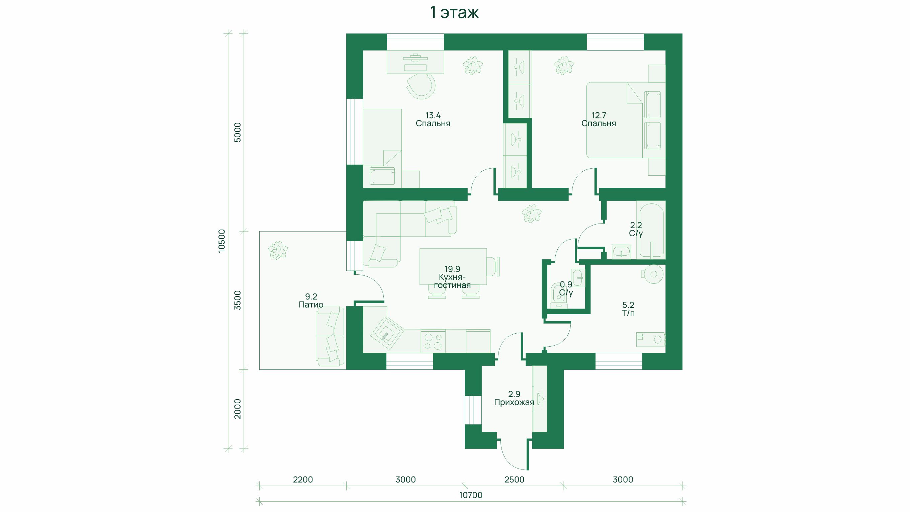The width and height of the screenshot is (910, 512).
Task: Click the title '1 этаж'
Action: [x=454, y=13]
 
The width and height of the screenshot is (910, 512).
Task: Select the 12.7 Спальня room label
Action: [x=599, y=119]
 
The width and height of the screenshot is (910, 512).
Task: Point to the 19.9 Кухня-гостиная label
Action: [x=452, y=277]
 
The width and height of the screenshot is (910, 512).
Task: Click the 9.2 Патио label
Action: [x=311, y=301]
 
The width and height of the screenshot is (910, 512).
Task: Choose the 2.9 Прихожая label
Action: [x=514, y=398]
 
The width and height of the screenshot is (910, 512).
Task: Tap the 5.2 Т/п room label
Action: [x=628, y=309]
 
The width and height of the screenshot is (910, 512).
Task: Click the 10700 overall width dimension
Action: [x=470, y=495]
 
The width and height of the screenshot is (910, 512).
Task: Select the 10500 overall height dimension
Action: [x=221, y=241]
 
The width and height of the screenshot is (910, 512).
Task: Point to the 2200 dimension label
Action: [x=303, y=480]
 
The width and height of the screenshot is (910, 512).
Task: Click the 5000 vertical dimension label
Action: [x=238, y=133]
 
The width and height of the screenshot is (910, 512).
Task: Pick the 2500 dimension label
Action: [x=514, y=480]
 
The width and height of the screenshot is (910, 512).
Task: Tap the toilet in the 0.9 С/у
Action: [x=558, y=297]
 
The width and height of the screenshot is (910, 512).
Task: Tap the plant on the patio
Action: [x=278, y=250]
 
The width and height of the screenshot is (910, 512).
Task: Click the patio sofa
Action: [x=330, y=336]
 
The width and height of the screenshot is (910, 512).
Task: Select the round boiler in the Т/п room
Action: [x=653, y=274]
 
